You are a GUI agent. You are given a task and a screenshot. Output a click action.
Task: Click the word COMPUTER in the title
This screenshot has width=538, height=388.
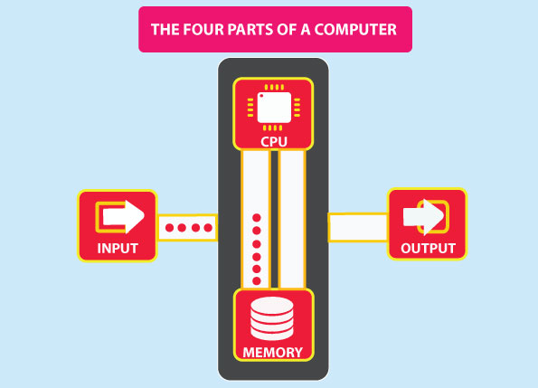pyautogui.click(x=355, y=30)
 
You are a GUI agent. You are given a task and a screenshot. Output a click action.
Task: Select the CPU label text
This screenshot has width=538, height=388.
pyautogui.click(x=273, y=142)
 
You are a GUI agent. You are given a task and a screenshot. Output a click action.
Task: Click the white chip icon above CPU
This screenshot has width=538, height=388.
pyautogui.click(x=274, y=108)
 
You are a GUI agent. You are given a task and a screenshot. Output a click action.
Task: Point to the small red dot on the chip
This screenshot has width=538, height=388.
pyautogui.click(x=261, y=96)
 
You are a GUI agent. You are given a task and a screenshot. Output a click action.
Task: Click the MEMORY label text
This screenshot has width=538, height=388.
pyautogui.click(x=273, y=353)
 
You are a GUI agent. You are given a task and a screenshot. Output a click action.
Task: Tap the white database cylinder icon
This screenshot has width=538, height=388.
pyautogui.click(x=272, y=318)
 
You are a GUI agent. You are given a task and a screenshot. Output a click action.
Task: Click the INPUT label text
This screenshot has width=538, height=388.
pyautogui.click(x=118, y=248)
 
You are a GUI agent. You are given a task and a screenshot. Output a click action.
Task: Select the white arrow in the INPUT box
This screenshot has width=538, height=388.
pyautogui.click(x=123, y=217)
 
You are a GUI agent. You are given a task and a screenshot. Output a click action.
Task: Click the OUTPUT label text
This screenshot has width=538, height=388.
pyautogui.click(x=428, y=248)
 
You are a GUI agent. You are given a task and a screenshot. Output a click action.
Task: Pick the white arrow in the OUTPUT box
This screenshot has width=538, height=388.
pyautogui.click(x=423, y=217)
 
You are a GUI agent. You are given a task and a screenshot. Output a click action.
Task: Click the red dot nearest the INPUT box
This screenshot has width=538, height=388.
pyautogui.click(x=169, y=228)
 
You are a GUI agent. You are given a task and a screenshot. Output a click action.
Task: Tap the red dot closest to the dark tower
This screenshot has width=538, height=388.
pyautogui.click(x=208, y=228)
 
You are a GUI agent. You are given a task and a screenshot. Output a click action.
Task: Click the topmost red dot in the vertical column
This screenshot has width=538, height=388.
pyautogui.click(x=257, y=217)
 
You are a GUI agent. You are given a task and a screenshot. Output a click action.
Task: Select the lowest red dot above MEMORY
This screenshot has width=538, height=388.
pyautogui.click(x=257, y=281)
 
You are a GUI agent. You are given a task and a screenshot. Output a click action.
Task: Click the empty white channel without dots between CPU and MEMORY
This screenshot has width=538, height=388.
pyautogui.click(x=292, y=219)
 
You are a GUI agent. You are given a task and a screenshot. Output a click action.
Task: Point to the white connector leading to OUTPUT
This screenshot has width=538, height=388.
pyautogui.click(x=358, y=227)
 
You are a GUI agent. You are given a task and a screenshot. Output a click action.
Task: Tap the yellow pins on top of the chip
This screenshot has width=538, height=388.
pyautogui.click(x=274, y=87)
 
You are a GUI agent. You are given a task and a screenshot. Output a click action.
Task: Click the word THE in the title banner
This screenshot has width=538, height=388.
pyautogui.click(x=165, y=30)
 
